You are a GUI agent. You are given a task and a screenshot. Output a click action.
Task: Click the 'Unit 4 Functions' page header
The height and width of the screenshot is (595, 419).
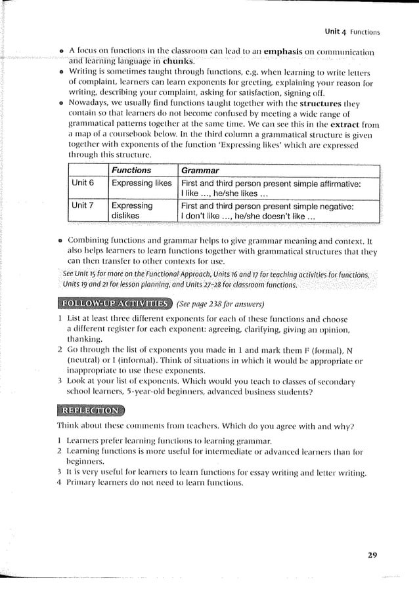(353, 31)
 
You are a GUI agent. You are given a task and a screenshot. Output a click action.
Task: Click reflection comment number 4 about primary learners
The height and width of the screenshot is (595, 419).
(150, 483)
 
